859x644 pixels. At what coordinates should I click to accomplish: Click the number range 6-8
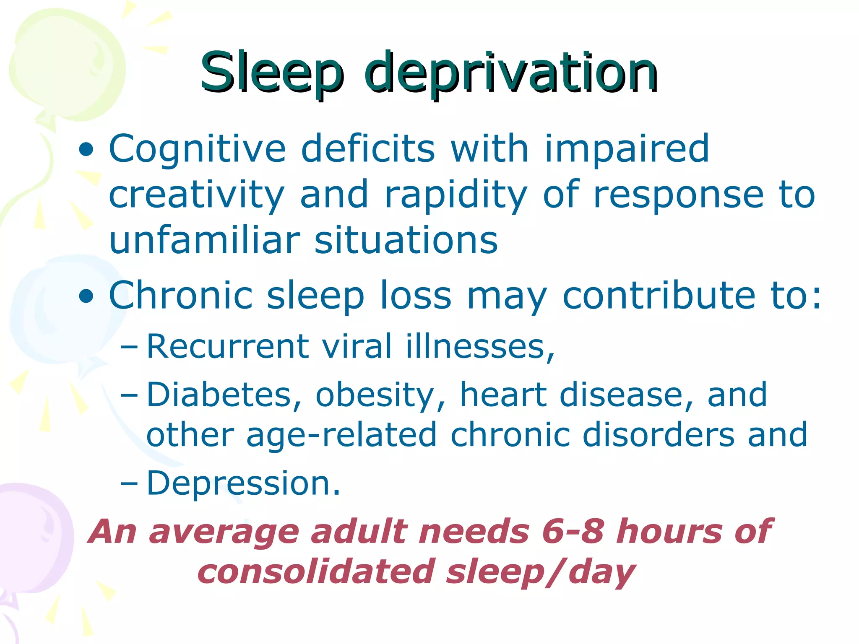573,532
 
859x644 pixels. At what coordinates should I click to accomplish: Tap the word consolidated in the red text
316,571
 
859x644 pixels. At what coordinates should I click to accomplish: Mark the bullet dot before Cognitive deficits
86,150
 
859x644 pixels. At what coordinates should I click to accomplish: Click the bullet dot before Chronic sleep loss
86,296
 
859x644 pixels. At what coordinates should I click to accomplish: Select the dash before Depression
128,483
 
